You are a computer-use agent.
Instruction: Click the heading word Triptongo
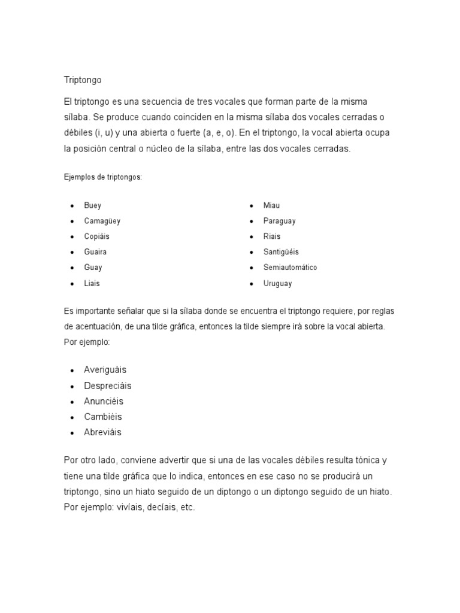pos(83,80)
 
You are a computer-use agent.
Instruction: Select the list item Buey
pos(93,205)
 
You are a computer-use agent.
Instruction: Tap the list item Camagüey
pos(102,221)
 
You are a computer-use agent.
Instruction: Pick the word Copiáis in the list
pos(97,236)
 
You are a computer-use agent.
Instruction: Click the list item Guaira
pos(95,252)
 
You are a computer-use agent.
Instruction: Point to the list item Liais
pos(92,283)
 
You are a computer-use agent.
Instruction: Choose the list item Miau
pos(271,205)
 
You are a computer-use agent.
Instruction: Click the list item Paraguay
pos(280,221)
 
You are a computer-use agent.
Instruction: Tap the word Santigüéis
pos(281,252)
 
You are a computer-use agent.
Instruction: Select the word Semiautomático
pos(290,268)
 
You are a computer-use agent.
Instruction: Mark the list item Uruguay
pos(278,283)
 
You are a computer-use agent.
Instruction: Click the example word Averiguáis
pos(105,370)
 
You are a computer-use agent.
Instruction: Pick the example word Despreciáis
pos(108,386)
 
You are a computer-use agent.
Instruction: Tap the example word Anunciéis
pos(104,401)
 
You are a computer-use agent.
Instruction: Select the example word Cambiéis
pos(103,417)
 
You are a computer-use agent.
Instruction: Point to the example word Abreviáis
pos(102,432)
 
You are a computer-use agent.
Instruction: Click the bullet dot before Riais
pos(252,236)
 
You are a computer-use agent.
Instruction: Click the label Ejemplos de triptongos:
pos(102,177)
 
